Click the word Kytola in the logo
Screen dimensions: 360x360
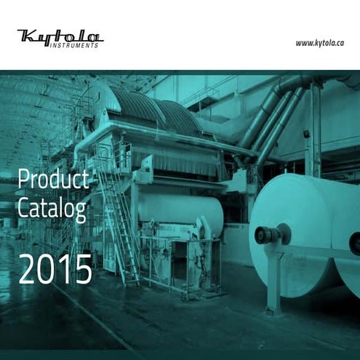[60, 36]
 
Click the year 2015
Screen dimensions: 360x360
[55, 269]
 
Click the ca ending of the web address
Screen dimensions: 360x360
[336, 43]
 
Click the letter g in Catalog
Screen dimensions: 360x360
[81, 212]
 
